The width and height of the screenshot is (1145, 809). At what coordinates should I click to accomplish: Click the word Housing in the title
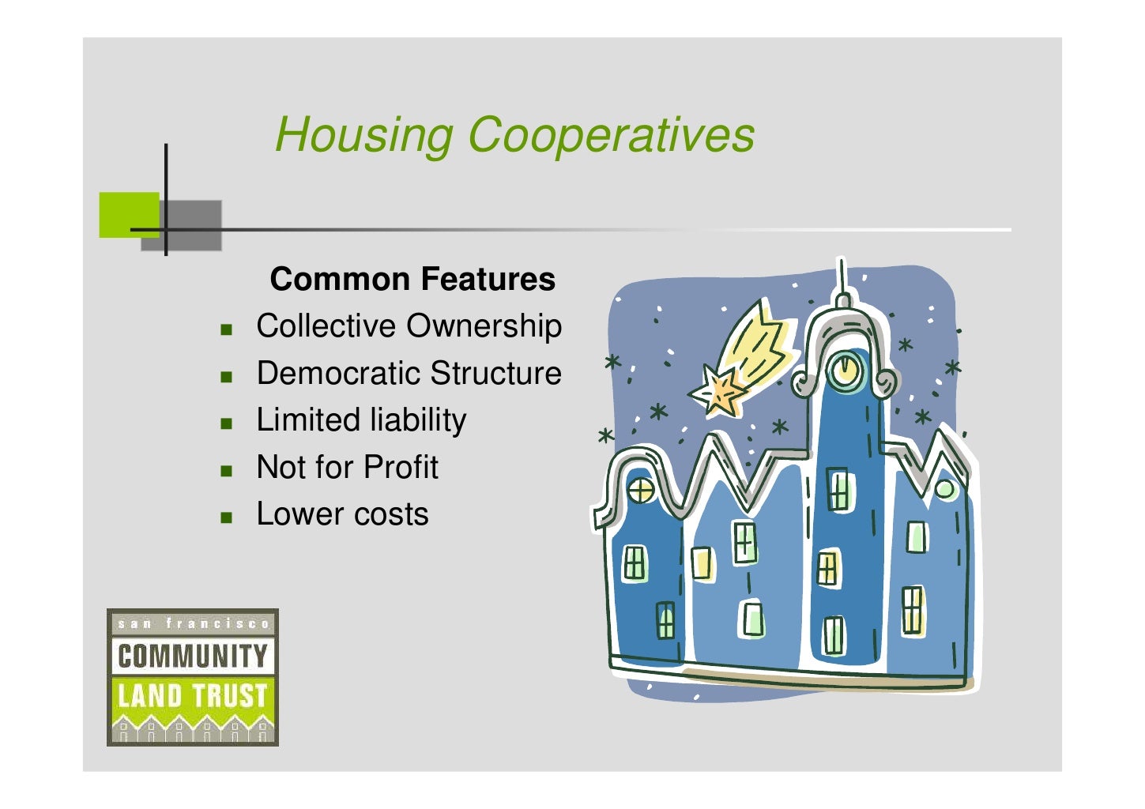pos(363,134)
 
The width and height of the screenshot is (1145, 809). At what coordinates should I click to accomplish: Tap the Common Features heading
pos(412,280)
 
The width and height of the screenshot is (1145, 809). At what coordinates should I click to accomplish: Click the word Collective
pos(326,326)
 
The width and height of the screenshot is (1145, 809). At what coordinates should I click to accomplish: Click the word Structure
pos(495,374)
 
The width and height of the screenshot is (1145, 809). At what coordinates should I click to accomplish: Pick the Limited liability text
pos(361,420)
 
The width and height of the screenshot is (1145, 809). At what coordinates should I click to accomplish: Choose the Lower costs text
pos(342,514)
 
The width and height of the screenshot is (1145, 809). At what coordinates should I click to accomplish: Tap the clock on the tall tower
pos(845,369)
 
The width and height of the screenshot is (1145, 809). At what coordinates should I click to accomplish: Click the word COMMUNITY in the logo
pos(192,656)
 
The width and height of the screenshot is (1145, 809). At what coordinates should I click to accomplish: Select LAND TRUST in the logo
pos(192,695)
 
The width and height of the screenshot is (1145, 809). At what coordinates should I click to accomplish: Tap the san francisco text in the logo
pos(193,623)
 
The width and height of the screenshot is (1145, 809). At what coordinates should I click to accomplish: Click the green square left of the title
pos(128,214)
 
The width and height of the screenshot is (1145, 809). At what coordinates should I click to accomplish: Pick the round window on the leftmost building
pos(640,491)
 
